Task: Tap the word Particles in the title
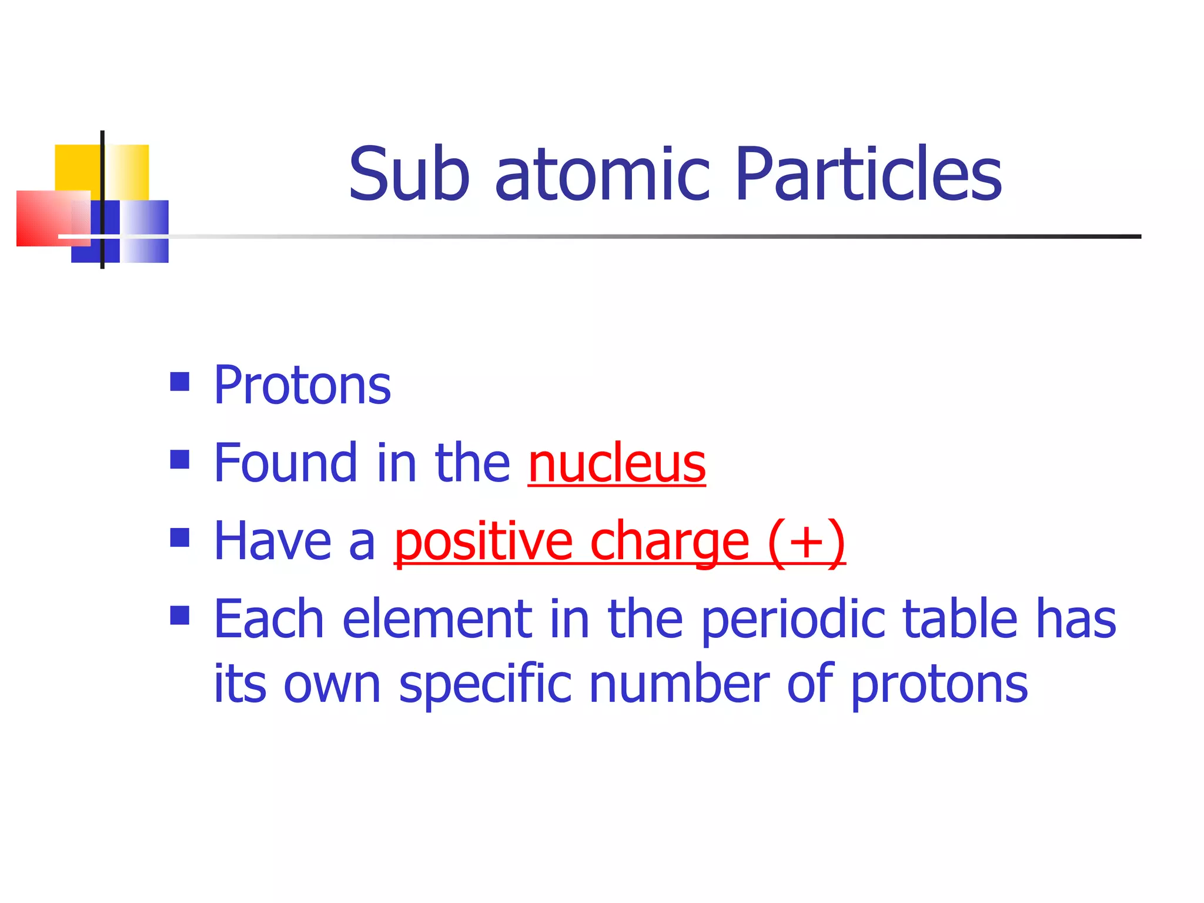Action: [868, 175]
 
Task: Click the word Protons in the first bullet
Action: [302, 386]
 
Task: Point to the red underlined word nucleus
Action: [617, 464]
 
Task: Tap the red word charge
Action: [670, 543]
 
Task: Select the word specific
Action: [485, 684]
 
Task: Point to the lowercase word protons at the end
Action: [939, 685]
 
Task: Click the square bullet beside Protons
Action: [180, 382]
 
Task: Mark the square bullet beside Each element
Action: [180, 616]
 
